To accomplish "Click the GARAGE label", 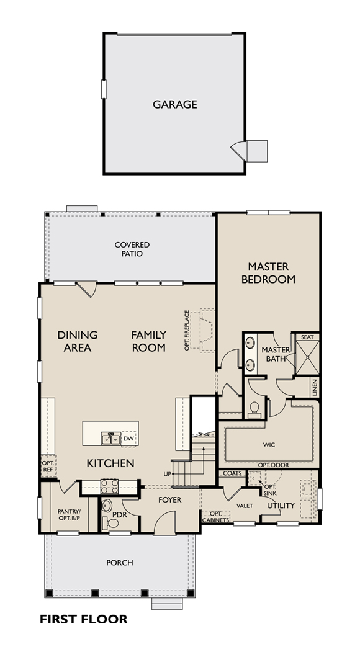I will coord(175,105).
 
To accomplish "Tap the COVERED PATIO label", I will coord(132,249).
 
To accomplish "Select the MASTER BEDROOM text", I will coord(268,273).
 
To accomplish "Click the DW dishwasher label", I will coord(128,439).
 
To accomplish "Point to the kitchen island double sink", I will coord(110,439).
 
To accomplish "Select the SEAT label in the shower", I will coord(307,337).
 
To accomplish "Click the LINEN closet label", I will coord(315,387).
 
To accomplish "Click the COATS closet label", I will coord(232,474).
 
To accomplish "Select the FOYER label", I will coord(170,499).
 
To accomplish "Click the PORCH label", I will coord(119,563).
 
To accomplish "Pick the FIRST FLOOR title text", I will coord(84,619).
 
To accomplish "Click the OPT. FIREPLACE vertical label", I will coord(186,331).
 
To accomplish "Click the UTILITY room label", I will coord(281,506).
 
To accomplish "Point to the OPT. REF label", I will coord(48,466).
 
